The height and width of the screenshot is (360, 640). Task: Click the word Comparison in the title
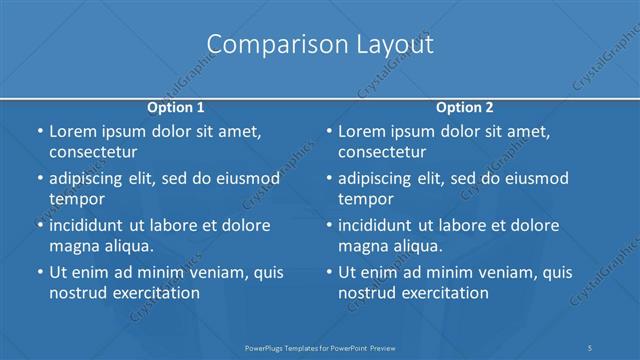pos(263,45)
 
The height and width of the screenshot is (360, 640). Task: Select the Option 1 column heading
pos(176,107)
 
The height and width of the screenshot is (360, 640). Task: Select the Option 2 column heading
pos(465,107)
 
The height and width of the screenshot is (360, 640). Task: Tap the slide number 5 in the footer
pos(591,347)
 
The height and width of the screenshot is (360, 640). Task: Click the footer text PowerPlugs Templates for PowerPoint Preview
pos(320,347)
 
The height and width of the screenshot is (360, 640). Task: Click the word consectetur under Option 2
pos(382,152)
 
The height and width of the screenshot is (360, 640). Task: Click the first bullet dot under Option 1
pos(39,132)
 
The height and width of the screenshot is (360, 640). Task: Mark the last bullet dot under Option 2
pos(328,272)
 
